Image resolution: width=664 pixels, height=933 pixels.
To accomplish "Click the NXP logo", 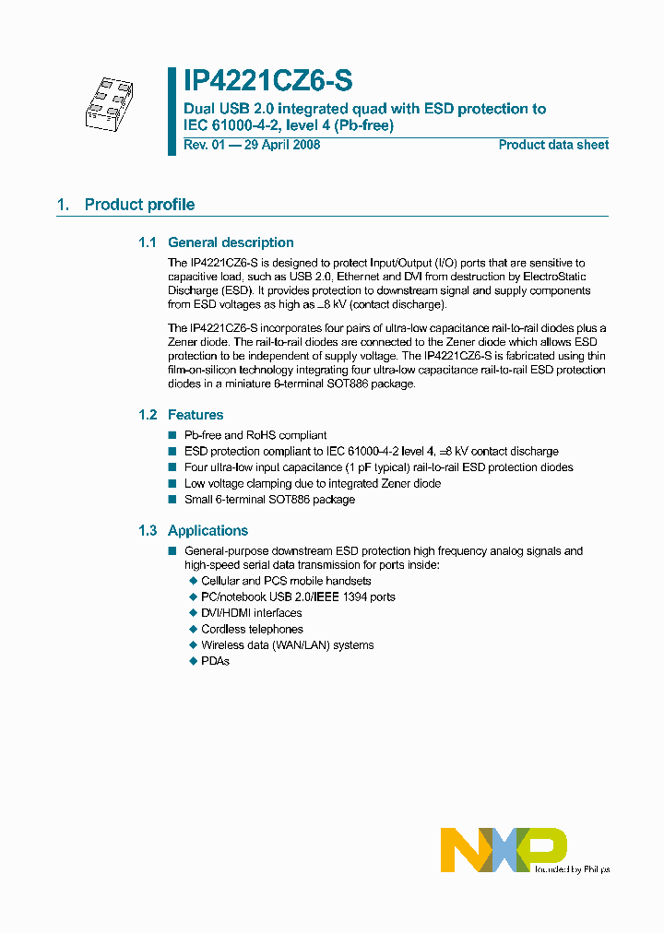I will coord(504,848).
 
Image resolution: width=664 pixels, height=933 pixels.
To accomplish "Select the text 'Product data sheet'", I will coord(553,145).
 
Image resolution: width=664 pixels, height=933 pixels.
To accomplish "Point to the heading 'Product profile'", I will coord(139,205).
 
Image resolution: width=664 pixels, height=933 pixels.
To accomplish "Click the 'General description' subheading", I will coord(231,242).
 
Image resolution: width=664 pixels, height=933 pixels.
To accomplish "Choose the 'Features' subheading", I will coord(196,415).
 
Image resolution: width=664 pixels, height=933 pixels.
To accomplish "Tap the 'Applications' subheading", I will coord(207,530).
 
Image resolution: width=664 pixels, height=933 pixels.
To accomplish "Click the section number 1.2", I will coord(148,415).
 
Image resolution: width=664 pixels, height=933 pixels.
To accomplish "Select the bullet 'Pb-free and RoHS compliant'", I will coord(255,435).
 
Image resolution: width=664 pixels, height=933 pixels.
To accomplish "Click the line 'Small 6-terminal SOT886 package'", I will coord(269,500).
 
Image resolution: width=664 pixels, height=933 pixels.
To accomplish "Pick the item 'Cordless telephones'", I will coord(252,629).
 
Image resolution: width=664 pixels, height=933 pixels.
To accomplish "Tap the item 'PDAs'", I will coord(215,661).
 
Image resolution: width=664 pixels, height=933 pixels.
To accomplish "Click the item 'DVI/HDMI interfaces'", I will coord(251,613).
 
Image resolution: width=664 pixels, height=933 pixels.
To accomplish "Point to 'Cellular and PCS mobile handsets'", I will coord(286,581).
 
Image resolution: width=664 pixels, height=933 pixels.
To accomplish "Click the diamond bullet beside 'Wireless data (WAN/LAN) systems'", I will coord(194,645).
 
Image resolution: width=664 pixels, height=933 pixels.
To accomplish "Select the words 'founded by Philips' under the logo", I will coord(572,868).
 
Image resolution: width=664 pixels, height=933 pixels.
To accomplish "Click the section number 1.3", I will coord(148,530).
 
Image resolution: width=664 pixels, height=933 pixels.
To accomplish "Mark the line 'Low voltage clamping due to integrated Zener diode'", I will coord(313,483).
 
